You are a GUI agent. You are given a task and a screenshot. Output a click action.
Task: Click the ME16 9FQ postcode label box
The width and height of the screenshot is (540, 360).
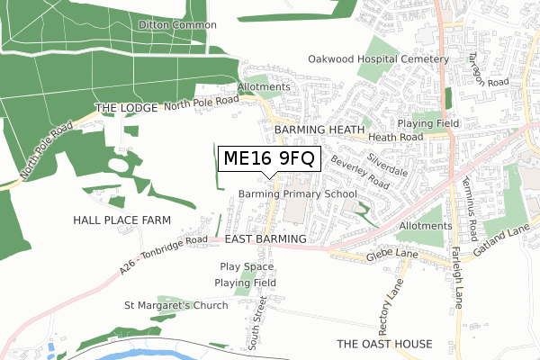(267, 159)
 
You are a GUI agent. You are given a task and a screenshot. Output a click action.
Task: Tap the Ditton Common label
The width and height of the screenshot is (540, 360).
(177, 25)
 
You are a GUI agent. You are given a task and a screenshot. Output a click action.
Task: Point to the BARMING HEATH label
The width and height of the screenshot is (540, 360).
(316, 130)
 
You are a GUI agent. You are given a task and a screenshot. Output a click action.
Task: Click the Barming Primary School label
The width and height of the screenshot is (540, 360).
(298, 194)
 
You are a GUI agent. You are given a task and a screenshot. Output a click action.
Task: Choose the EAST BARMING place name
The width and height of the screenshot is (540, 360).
(266, 238)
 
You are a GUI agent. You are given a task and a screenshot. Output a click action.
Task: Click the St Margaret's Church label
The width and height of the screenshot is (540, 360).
(176, 305)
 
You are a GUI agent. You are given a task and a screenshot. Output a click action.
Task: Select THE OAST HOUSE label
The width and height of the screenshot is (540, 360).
(384, 345)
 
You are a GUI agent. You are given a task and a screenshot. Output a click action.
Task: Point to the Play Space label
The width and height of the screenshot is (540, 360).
(247, 267)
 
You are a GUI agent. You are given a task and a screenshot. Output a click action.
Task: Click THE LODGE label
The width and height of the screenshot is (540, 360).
(126, 107)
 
